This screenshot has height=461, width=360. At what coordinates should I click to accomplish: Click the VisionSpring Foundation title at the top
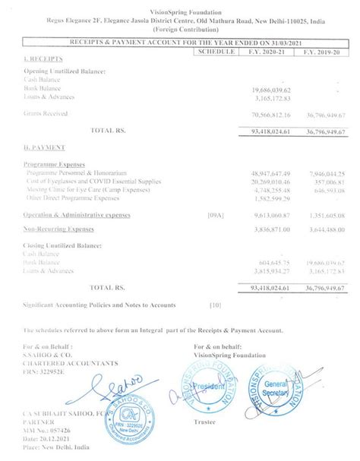180,5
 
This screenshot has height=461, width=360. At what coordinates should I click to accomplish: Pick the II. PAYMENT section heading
40,146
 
